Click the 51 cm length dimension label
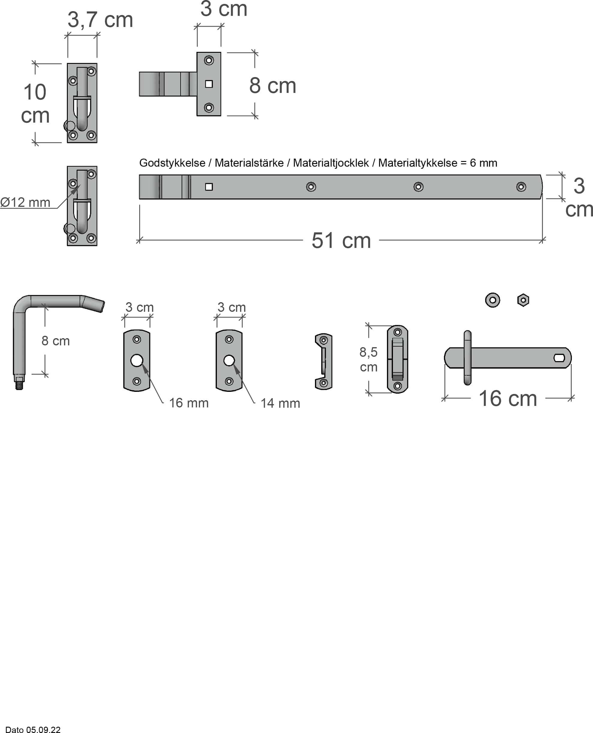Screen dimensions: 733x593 (x=341, y=241)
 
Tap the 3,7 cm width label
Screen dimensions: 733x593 (x=100, y=20)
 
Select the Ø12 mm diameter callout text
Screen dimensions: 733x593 (x=25, y=202)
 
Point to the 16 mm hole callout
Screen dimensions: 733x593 (x=189, y=403)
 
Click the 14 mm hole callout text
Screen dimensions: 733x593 (x=280, y=403)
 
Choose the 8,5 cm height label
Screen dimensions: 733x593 (x=369, y=359)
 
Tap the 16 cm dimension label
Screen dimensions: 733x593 (x=508, y=398)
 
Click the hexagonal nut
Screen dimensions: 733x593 (x=523, y=300)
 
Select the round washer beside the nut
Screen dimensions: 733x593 (x=492, y=300)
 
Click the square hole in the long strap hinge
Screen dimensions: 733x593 (x=209, y=187)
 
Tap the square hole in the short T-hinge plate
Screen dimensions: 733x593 (x=209, y=84)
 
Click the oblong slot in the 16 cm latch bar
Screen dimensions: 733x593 (x=559, y=358)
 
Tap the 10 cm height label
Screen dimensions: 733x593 (x=35, y=103)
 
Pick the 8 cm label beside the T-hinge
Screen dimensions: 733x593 (x=272, y=85)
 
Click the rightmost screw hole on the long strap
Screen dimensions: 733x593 (x=521, y=187)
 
